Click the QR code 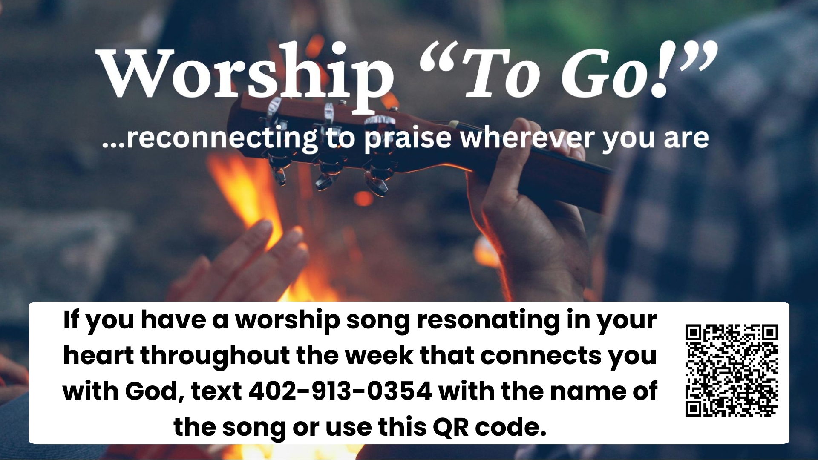coord(732,370)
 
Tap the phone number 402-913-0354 coord(340,391)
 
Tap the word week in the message coord(379,355)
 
